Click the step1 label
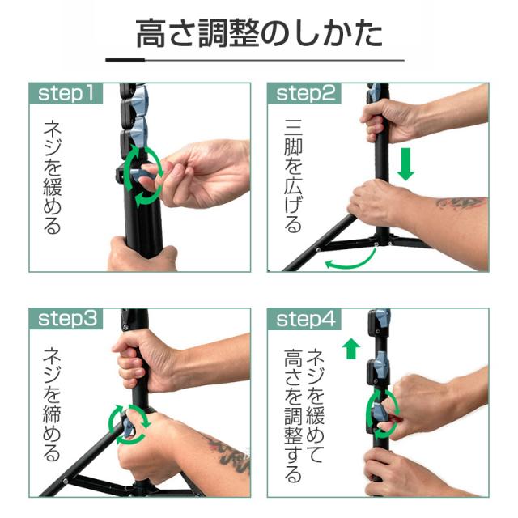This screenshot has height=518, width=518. [x=66, y=94]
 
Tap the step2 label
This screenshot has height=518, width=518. [x=306, y=94]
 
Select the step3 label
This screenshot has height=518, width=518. [x=67, y=319]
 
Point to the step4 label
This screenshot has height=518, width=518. [x=306, y=319]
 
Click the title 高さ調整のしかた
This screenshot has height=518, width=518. [x=259, y=33]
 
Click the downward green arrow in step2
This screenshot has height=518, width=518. [x=405, y=163]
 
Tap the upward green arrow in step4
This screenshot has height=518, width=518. [x=350, y=349]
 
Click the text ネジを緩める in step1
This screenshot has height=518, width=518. [x=52, y=177]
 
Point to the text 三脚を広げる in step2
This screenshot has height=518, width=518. [x=293, y=176]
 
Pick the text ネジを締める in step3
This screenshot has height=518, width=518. [x=52, y=404]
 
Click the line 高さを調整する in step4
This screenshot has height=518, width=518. [x=293, y=416]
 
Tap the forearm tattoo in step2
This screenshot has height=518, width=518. [x=461, y=202]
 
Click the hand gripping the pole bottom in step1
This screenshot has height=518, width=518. [x=142, y=254]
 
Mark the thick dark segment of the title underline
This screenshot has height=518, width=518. [x=125, y=60]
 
